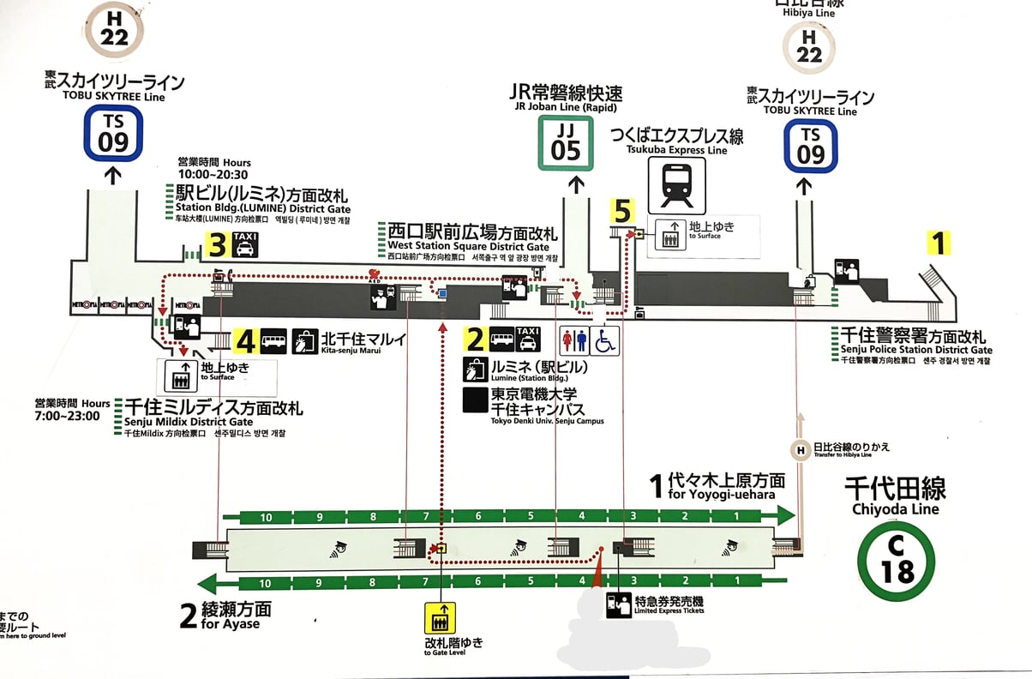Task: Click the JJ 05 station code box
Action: (566, 142)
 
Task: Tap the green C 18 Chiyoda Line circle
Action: (896, 561)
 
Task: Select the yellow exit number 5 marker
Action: (622, 211)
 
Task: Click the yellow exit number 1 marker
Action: (939, 243)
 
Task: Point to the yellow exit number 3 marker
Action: (217, 246)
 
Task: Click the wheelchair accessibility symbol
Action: (605, 340)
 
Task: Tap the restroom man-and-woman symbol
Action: (573, 340)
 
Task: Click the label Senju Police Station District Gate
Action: (912, 343)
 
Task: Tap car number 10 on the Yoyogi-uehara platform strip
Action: (266, 517)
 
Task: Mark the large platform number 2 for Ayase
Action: (189, 616)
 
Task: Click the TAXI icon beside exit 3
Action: (245, 246)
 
